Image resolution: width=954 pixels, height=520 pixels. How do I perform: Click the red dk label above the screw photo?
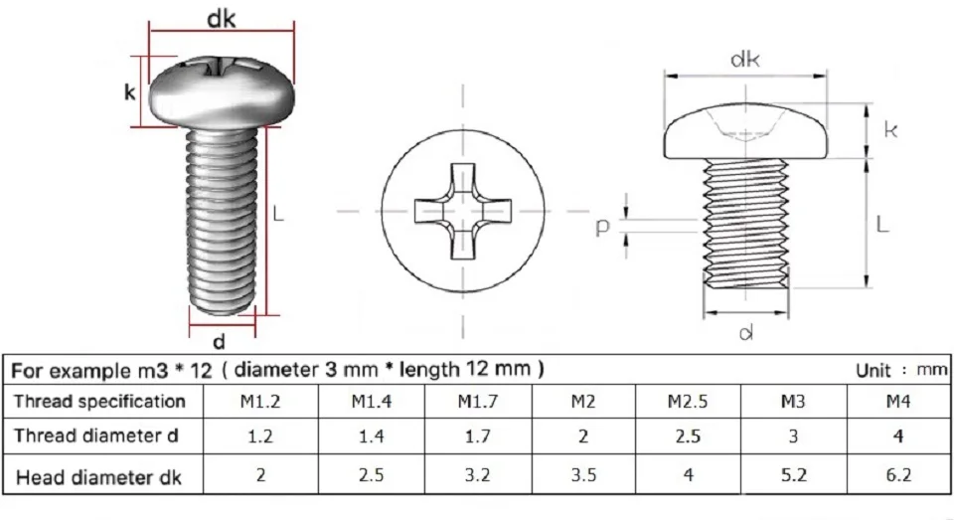[222, 19]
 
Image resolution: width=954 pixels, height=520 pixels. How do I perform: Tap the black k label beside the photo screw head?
[129, 92]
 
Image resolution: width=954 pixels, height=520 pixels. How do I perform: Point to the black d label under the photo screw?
[220, 342]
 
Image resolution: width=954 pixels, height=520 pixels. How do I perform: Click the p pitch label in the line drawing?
[602, 227]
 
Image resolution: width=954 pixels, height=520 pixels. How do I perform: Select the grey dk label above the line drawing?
[744, 60]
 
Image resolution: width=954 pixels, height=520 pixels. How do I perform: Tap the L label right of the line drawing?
[882, 226]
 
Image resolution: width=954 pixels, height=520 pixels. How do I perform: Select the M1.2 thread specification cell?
[260, 402]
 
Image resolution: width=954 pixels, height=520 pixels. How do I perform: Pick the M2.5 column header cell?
[688, 402]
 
